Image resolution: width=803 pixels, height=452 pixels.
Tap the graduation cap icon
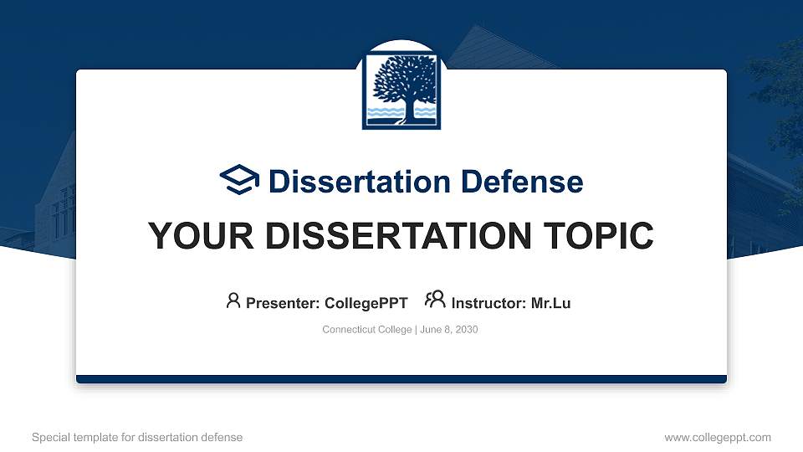tap(239, 181)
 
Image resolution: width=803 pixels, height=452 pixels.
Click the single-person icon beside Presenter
tap(233, 300)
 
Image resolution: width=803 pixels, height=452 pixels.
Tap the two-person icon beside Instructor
tap(435, 300)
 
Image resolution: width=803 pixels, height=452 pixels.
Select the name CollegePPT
tap(366, 303)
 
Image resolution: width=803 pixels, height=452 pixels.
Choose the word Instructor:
tap(488, 303)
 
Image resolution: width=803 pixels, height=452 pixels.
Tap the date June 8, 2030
tap(448, 330)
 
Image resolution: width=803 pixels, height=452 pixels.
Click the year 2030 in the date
tap(465, 330)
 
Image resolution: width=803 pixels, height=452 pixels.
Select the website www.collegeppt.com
tap(717, 437)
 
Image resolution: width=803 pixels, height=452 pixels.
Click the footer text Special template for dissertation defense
tap(137, 437)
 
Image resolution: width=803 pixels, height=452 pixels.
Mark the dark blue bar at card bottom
tap(401, 379)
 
